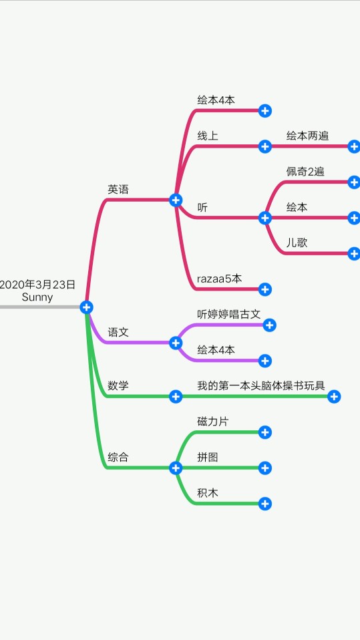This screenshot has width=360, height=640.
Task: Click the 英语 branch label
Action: pyautogui.click(x=118, y=189)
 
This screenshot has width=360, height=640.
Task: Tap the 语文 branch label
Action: pyautogui.click(x=118, y=332)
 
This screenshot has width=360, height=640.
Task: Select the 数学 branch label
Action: pyautogui.click(x=118, y=385)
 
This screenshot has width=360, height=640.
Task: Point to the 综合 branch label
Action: pyautogui.click(x=118, y=457)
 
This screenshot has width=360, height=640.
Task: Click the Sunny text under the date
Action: pyautogui.click(x=37, y=297)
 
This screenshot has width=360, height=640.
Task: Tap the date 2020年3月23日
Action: pyautogui.click(x=37, y=285)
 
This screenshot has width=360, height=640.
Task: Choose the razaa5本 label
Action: pyautogui.click(x=220, y=279)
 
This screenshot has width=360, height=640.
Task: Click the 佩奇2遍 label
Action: pyautogui.click(x=305, y=172)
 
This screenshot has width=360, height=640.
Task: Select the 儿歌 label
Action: pyautogui.click(x=297, y=243)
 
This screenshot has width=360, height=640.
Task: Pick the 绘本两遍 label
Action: pyautogui.click(x=307, y=136)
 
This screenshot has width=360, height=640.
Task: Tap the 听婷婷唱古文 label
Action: pyautogui.click(x=229, y=314)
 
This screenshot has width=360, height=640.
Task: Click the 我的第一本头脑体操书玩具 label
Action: pyautogui.click(x=261, y=385)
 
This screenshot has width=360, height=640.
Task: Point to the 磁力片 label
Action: pyautogui.click(x=212, y=422)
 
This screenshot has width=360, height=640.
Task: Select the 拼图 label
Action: pyautogui.click(x=208, y=457)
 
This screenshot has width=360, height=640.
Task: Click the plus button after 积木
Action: pyautogui.click(x=265, y=504)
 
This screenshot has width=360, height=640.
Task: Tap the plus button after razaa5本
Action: pyautogui.click(x=265, y=289)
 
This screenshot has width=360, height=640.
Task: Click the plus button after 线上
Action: pyautogui.click(x=265, y=146)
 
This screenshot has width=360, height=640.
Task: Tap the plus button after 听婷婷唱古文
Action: pyautogui.click(x=269, y=325)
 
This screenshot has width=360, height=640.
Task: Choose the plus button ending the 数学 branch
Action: pyautogui.click(x=334, y=396)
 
